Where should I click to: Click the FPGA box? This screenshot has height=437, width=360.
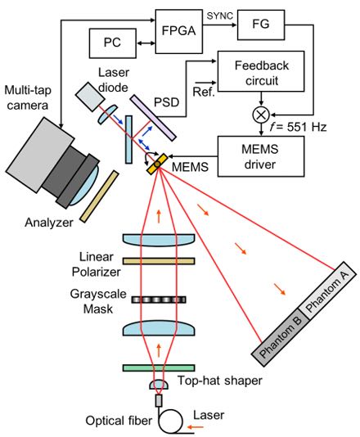click(178, 31)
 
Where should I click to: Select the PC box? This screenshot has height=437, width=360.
click(113, 43)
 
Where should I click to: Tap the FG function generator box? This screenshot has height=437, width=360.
click(261, 25)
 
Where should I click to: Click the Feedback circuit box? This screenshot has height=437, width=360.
click(261, 71)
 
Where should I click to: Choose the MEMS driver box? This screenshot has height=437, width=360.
click(261, 156)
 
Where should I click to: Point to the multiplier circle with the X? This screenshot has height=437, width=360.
click(261, 115)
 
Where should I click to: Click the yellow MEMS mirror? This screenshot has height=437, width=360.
click(157, 164)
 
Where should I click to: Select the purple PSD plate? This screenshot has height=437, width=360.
click(153, 118)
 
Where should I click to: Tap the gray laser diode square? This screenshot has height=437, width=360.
click(90, 96)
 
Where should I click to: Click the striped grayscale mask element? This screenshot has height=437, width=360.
click(159, 300)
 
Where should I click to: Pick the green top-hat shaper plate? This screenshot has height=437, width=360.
click(159, 368)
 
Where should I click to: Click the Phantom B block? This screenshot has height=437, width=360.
click(281, 337)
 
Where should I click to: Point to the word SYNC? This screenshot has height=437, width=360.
click(220, 16)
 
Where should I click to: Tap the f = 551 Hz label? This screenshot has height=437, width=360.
click(298, 127)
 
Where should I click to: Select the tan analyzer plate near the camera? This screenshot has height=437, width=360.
click(99, 196)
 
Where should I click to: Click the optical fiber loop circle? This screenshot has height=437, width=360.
click(170, 421)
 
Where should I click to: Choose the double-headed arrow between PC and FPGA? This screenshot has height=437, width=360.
click(146, 43)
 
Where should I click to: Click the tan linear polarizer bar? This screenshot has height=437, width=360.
click(159, 261)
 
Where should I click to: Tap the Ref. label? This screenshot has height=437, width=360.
click(204, 92)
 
